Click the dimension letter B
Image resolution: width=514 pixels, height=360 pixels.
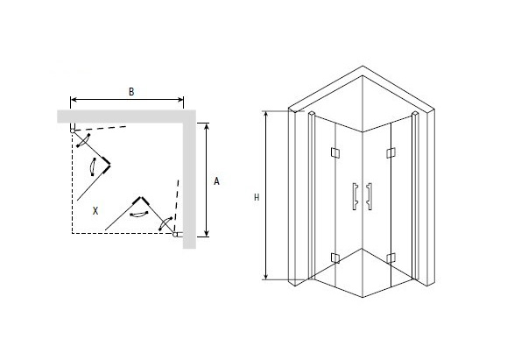pos(131,91)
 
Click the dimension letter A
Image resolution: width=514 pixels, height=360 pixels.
pos(216,181)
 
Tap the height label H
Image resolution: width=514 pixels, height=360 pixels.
pos(257,197)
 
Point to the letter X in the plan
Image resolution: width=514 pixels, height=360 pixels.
pos(95,211)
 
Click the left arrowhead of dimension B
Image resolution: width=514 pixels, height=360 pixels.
pos(74,99)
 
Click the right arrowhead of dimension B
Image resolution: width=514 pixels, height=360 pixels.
pos(180,99)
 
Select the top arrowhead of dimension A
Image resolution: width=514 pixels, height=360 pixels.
pos(206,126)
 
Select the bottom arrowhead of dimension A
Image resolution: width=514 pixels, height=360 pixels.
pos(206,233)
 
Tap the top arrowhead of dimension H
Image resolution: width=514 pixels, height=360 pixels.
pos(266,115)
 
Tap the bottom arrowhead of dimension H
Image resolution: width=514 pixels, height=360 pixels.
pos(266,277)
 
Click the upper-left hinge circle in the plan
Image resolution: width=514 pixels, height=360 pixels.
pos(73,131)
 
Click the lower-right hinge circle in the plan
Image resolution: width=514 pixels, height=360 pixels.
pos(175,235)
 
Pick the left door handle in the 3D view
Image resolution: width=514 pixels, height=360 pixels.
pos(355,196)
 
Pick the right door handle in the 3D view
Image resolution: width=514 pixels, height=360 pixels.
pos(370,196)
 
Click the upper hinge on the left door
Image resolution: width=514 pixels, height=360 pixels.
pos(335,152)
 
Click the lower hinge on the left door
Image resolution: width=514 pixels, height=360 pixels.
pos(335,258)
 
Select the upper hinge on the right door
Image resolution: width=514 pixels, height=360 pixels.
pos(391,152)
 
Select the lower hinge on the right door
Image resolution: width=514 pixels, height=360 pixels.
pos(391,258)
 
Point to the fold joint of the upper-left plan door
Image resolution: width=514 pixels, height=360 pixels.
pos(109,165)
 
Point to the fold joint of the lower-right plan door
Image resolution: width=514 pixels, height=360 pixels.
pos(141,198)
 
